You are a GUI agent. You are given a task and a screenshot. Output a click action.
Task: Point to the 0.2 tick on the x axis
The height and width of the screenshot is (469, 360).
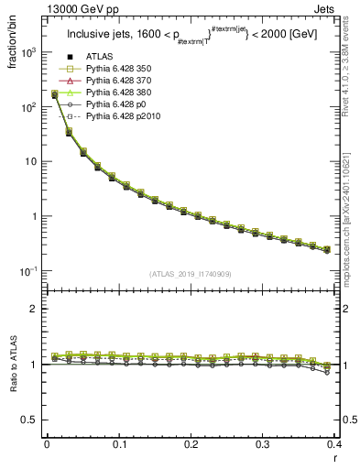[191, 444]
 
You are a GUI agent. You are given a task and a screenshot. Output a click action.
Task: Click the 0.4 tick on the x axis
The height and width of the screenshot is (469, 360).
[334, 444]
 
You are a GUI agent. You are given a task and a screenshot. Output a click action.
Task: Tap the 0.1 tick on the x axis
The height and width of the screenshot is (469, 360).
[118, 444]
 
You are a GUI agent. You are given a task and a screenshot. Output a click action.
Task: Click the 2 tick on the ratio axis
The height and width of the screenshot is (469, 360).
[35, 309]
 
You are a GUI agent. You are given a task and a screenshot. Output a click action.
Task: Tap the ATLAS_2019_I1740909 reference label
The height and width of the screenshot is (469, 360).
[191, 274]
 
